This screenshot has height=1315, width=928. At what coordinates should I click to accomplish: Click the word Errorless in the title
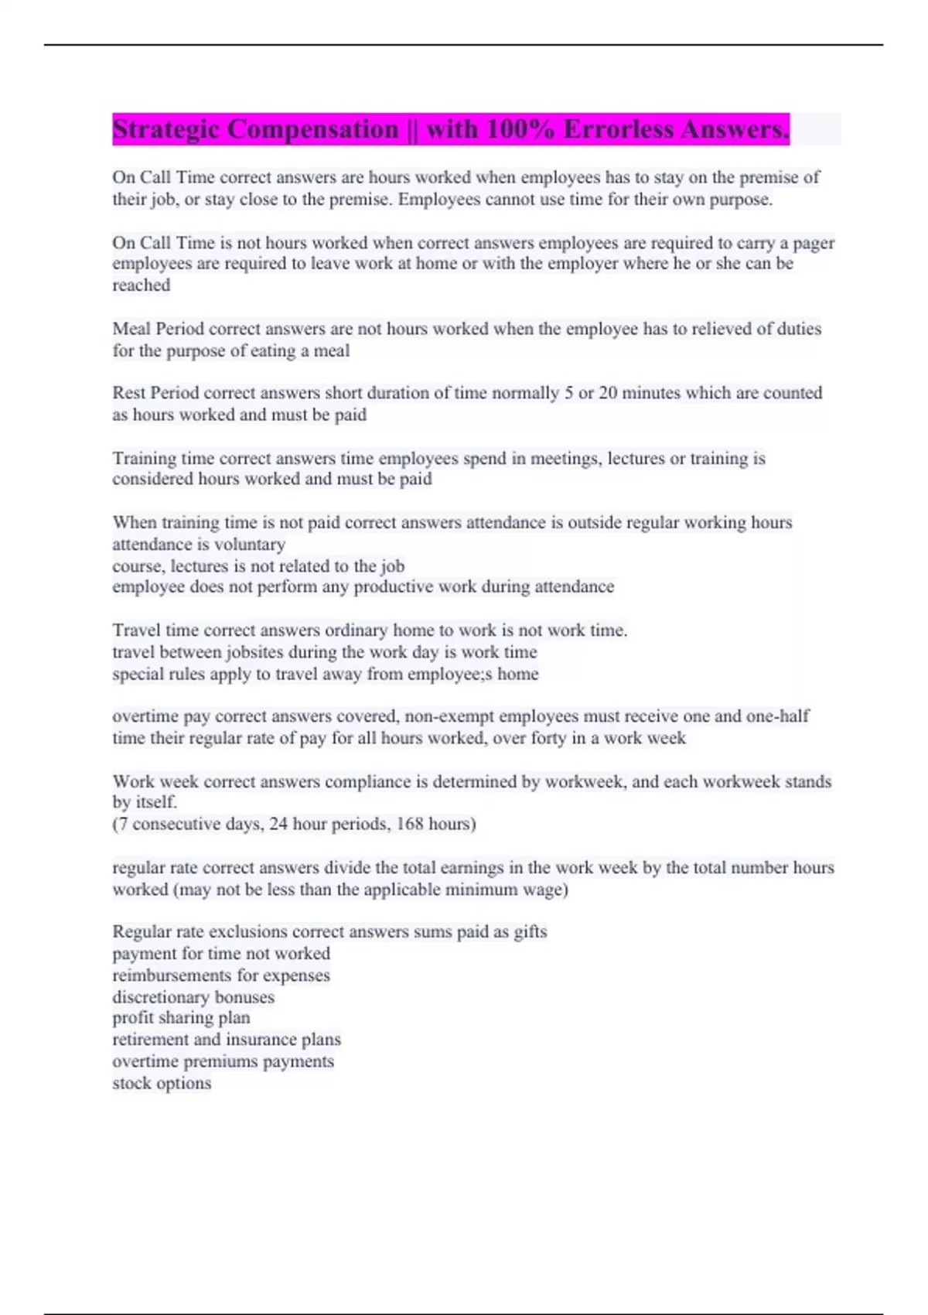[x=618, y=129]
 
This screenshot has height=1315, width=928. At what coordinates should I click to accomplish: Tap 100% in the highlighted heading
[x=520, y=129]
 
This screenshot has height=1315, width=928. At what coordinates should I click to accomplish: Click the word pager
[x=814, y=243]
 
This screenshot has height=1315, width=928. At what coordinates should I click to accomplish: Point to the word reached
[x=142, y=285]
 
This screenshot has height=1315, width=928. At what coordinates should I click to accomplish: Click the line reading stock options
[x=162, y=1083]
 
